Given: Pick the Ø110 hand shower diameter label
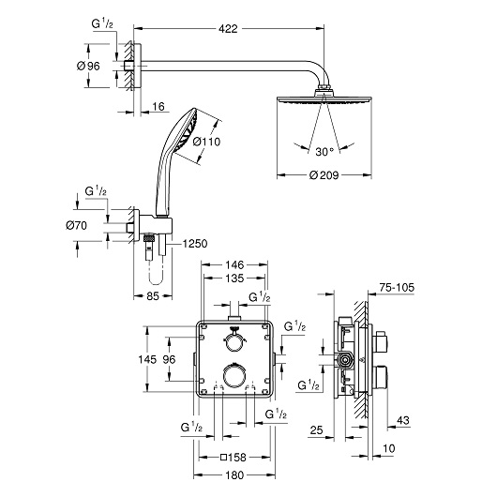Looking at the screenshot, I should tap(205, 143).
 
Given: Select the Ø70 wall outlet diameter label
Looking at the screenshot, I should tap(78, 225).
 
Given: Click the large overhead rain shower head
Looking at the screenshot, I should tap(323, 98).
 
